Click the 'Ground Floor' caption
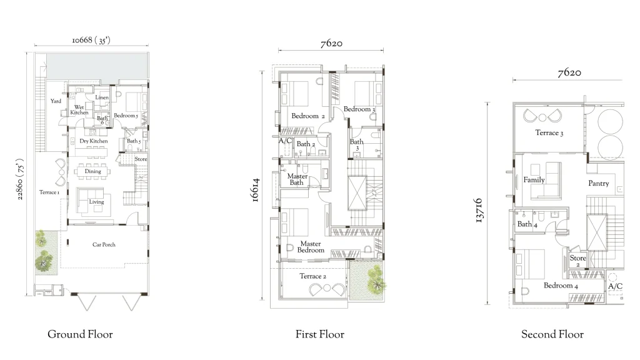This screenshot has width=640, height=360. point(80,334)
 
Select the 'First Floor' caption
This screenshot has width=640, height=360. point(320,334)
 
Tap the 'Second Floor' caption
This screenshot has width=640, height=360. point(552,334)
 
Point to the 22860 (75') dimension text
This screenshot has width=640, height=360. point(20,179)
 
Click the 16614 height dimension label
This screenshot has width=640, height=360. point(255,190)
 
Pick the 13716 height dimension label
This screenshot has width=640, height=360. point(479,211)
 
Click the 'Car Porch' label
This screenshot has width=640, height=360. point(104,244)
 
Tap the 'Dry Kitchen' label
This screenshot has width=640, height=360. point(94,141)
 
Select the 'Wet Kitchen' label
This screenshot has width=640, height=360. point(79,110)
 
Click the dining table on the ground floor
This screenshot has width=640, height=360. point(92,171)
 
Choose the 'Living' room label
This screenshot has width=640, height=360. point(96,202)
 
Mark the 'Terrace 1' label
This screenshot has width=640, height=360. point(49,192)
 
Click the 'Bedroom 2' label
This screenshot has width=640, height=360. point(307,116)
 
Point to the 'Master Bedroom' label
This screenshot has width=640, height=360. point(311,247)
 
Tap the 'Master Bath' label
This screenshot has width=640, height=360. point(297,179)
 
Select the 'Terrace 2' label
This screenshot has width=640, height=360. point(312,276)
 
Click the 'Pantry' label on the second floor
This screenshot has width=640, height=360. point(598,184)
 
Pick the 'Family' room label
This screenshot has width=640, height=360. point(534,179)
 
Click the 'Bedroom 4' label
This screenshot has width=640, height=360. point(561,286)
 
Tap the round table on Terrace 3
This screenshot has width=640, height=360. point(542,117)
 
